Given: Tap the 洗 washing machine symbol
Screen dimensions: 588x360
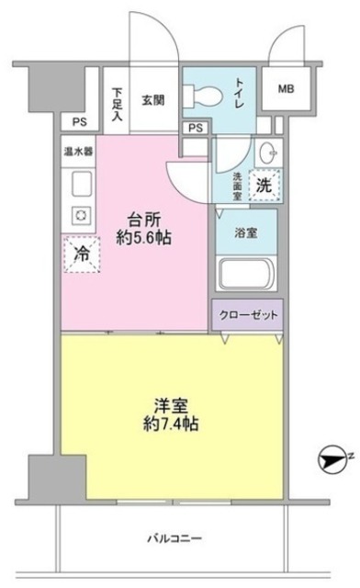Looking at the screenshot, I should (263, 184).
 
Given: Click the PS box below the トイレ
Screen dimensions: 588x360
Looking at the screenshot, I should (195, 128).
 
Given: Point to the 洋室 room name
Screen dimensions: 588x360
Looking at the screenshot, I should (172, 403).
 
